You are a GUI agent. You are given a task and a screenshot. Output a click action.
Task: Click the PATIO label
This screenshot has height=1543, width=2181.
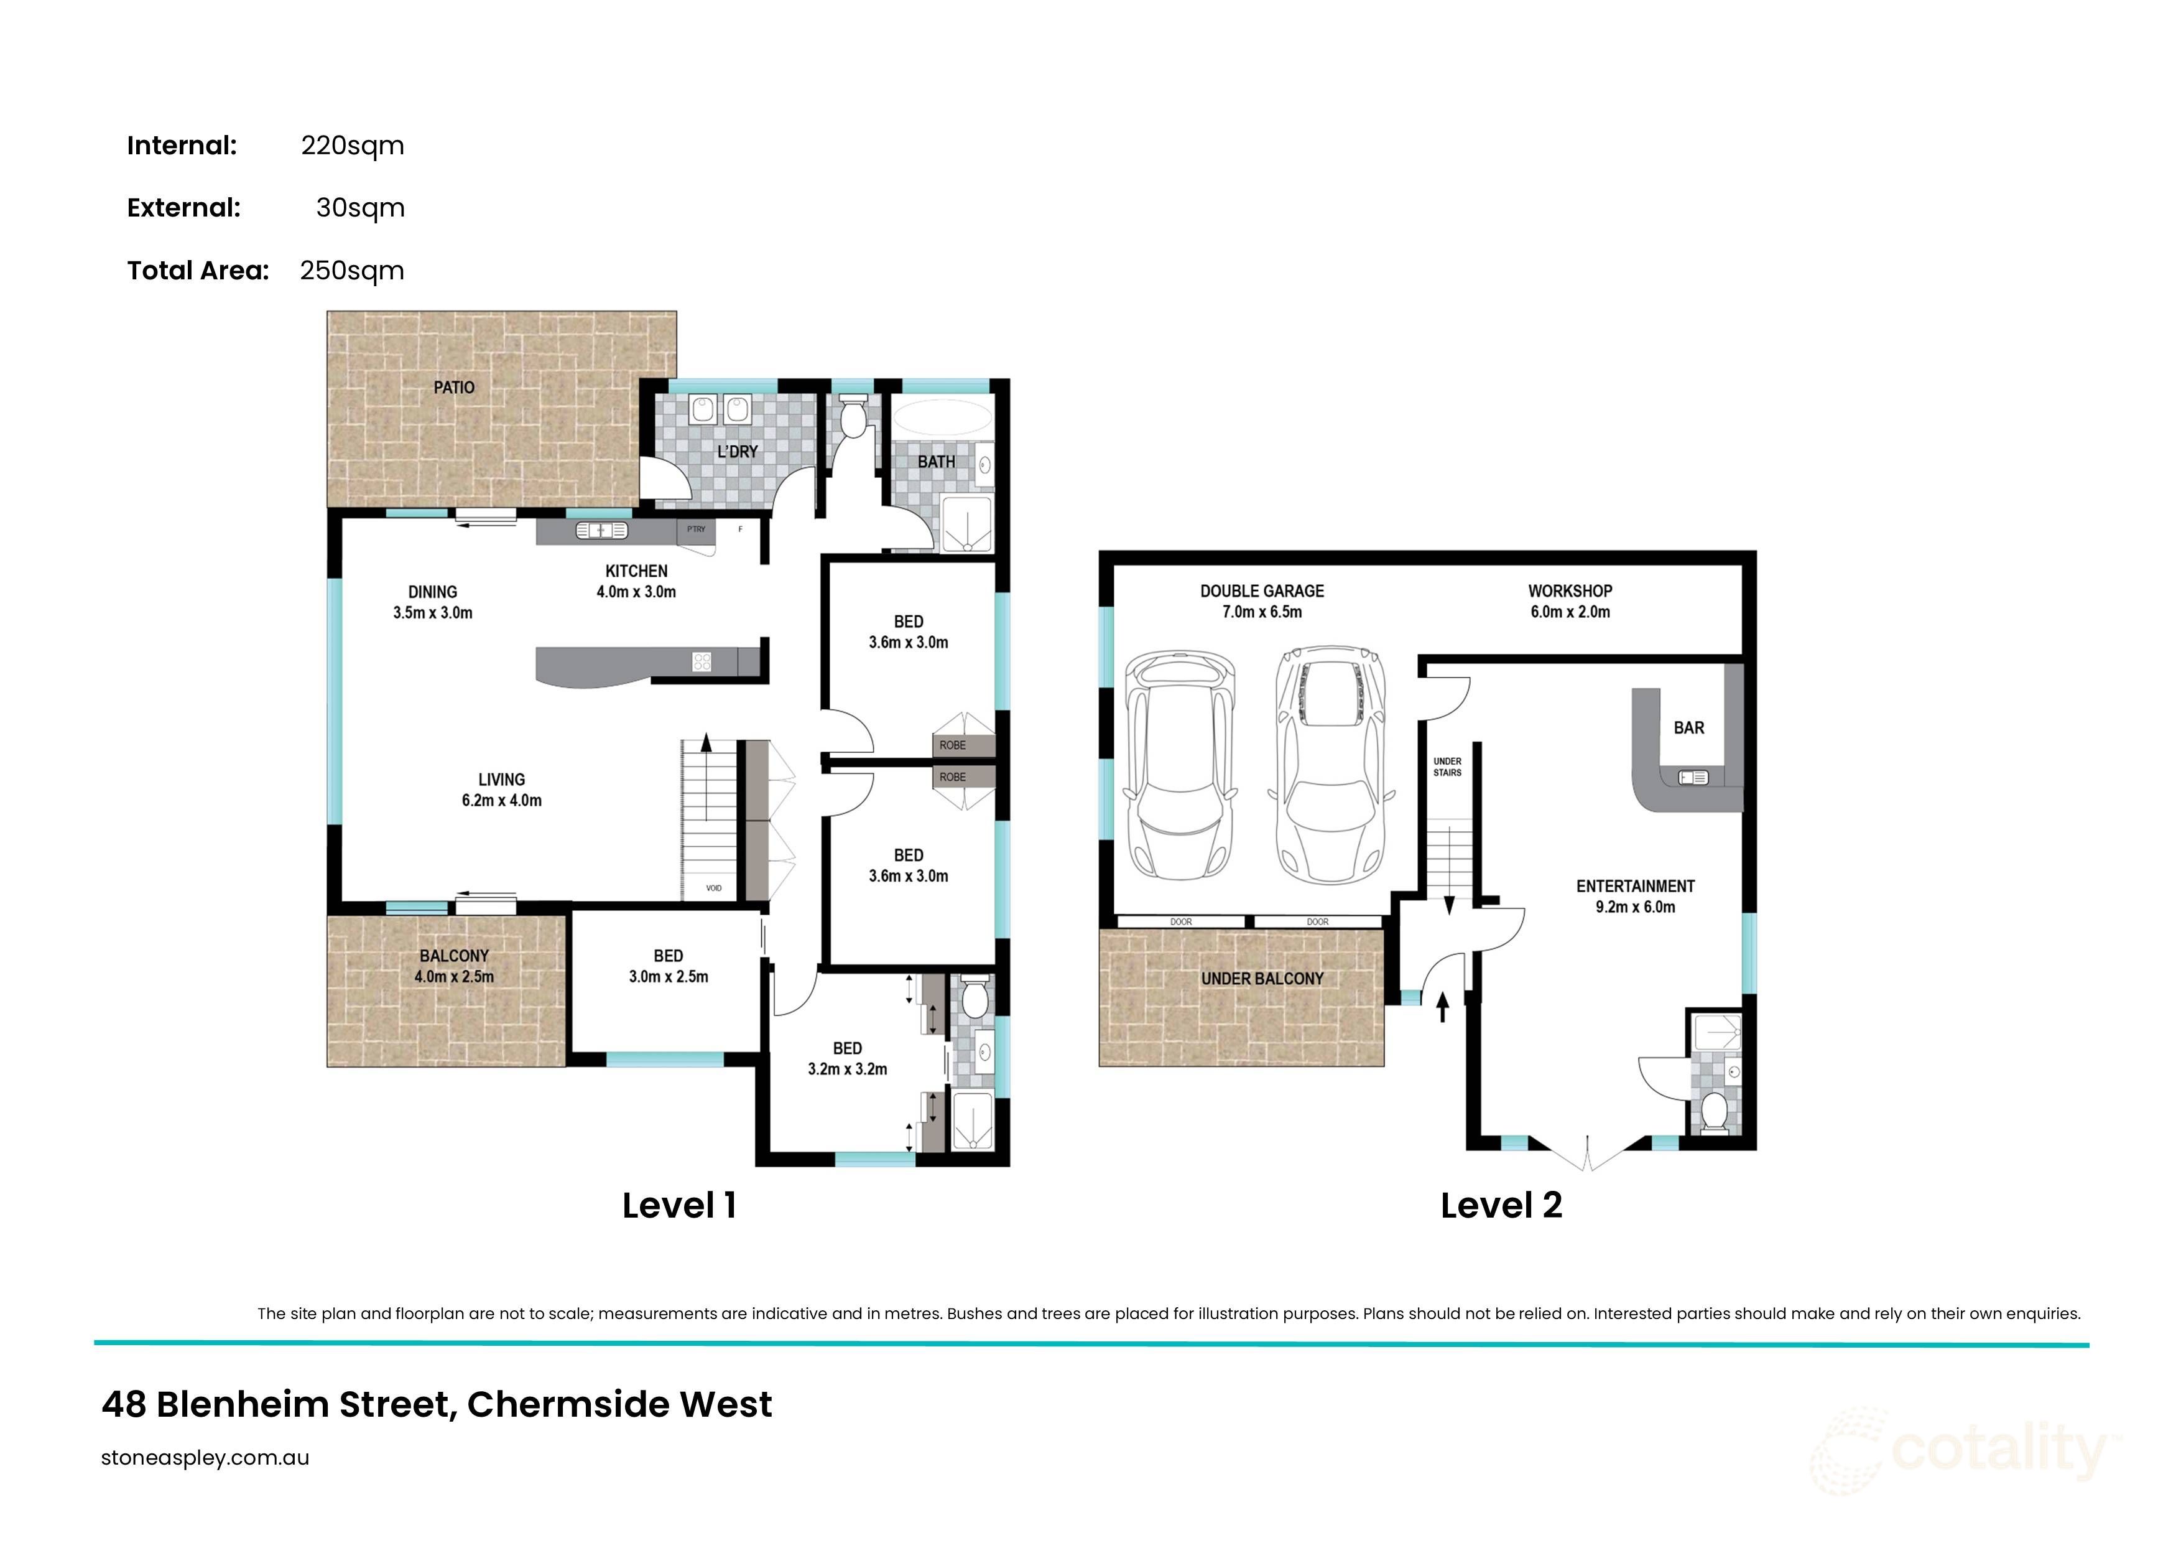coord(454,388)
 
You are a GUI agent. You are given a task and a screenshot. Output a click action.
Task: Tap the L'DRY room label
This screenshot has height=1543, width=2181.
coord(737,451)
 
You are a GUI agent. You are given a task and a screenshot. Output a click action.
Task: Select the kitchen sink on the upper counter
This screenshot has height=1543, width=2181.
coord(601,530)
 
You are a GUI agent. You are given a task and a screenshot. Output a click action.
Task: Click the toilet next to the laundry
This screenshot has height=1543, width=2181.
coord(854,417)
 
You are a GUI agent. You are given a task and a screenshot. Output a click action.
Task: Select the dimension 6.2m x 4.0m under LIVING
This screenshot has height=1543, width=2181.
coord(501,801)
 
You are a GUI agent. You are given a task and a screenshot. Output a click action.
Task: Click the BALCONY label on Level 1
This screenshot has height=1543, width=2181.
coord(454,956)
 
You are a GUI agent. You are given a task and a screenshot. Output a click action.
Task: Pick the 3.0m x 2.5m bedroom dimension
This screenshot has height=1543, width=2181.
coord(668,977)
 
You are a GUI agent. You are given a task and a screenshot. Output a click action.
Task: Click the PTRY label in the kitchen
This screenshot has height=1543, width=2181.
coord(697,529)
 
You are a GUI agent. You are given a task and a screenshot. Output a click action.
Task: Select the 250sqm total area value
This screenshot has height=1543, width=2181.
coord(351,271)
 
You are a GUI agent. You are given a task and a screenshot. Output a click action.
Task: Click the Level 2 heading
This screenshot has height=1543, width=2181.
coord(1501,1206)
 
